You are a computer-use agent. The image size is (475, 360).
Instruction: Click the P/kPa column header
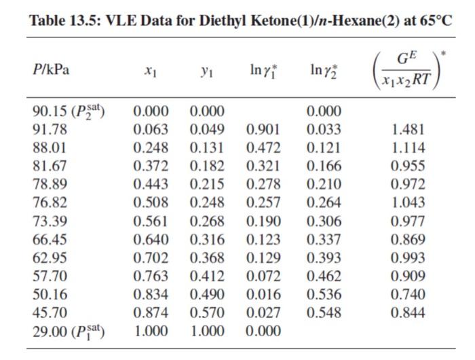51,70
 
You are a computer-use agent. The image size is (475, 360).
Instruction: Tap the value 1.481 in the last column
408,129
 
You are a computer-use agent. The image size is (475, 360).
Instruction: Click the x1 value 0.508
150,202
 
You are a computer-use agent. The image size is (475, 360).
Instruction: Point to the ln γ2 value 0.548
323,313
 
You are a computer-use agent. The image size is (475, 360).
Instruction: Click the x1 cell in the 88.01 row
150,147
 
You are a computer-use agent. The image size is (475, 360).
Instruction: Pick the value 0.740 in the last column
408,295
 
